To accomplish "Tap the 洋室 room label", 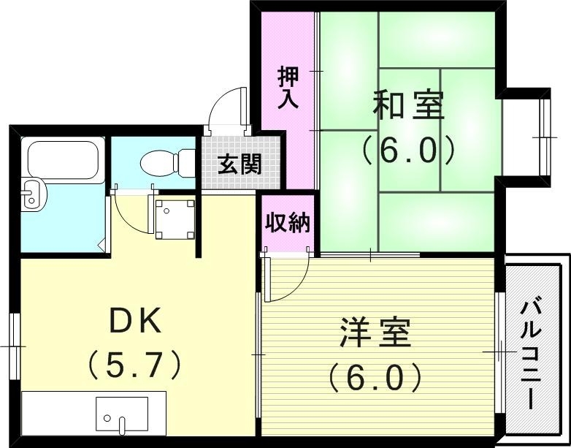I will [375, 333].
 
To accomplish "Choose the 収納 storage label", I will [287, 222].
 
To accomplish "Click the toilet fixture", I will [164, 161].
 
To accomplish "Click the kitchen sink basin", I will [120, 414].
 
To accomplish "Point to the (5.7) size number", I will [134, 362].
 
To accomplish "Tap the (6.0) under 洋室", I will [375, 377].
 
